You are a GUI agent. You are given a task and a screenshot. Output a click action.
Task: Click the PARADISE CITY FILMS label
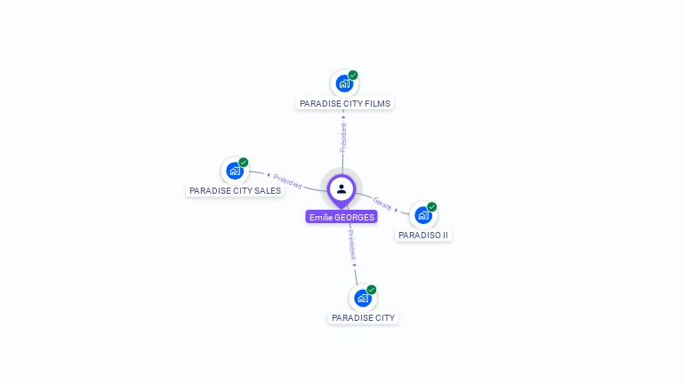pos(344,103)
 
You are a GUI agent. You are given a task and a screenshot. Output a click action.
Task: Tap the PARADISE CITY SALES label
pos(235,190)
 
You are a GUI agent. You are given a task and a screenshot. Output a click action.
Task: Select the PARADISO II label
pos(423,235)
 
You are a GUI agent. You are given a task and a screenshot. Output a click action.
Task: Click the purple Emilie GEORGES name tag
pos(341,217)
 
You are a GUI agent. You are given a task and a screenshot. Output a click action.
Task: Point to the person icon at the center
pos(341,188)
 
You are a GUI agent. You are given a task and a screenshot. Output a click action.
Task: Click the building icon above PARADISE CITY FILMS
pos(343,84)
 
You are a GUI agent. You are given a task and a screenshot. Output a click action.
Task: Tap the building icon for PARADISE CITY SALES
pos(234,171)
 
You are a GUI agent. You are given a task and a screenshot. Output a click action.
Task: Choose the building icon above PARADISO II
pos(422,215)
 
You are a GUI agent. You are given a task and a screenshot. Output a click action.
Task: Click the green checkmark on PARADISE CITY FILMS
pos(353,75)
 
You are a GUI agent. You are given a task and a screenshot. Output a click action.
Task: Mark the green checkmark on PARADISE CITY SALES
pos(244,162)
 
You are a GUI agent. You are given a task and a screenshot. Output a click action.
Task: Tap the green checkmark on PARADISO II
pos(432,206)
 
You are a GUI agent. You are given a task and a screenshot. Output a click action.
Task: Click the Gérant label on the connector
pos(382,204)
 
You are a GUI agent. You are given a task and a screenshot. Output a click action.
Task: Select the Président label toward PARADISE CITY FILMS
pos(343,137)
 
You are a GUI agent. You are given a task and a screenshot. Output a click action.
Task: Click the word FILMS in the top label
pos(377,103)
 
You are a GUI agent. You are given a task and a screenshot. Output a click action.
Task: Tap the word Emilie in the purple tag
pos(320,217)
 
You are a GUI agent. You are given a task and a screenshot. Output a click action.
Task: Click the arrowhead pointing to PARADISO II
pos(398,210)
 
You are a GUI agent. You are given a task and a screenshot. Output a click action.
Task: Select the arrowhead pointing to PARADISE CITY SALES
pos(268,175)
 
